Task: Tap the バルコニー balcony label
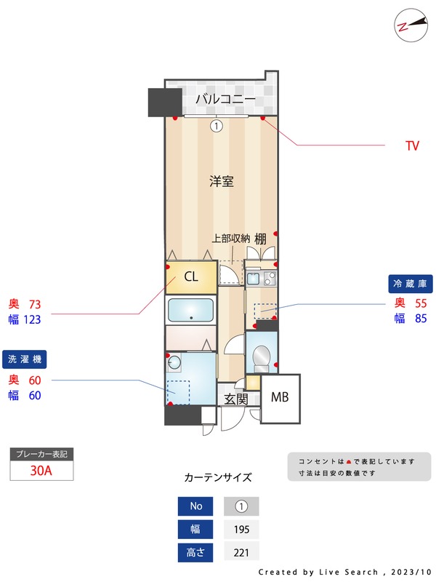pos(225,99)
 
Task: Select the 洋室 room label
pos(222,182)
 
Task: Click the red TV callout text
pos(412,146)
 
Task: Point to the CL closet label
pos(191,276)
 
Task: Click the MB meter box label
pos(280,397)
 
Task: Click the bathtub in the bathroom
pos(191,311)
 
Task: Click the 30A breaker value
pos(41,470)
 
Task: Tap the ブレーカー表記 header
pos(41,454)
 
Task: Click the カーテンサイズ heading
pos(218,478)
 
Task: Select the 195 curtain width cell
pos(241,530)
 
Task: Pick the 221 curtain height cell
pos(241,553)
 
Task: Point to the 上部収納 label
pos(231,239)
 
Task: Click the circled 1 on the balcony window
pos(216,126)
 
